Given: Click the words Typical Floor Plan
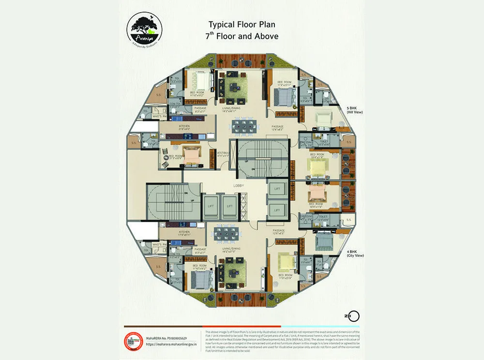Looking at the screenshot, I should pyautogui.click(x=242, y=24).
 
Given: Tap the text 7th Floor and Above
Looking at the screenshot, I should pyautogui.click(x=243, y=36).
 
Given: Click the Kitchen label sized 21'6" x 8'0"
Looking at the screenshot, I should pyautogui.click(x=184, y=127).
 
